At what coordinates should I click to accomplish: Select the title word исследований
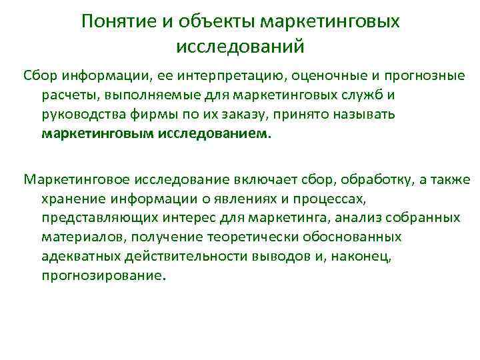[x=240, y=47]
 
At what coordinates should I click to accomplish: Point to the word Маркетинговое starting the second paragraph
[x=75, y=181]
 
